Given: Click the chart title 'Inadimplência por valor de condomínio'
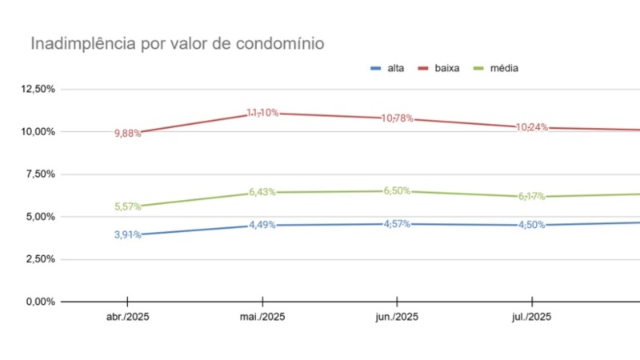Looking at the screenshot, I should click(178, 44).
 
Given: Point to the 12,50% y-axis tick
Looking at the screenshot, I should click(38, 89).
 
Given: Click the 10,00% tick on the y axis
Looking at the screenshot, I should click(38, 131).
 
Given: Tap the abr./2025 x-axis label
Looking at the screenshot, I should click(128, 317).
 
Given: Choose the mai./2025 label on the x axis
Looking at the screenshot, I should click(262, 317).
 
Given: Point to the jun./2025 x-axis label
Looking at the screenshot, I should click(397, 317).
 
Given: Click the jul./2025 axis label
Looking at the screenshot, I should click(531, 317).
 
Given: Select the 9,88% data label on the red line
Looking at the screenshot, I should click(128, 134).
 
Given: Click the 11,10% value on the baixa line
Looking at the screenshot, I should click(262, 113).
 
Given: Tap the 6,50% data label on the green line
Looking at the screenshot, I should click(397, 190).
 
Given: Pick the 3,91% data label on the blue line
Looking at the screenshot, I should click(128, 235).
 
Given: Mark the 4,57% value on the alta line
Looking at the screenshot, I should click(397, 224).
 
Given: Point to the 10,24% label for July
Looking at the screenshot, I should click(532, 127).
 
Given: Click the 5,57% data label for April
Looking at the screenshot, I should click(128, 206).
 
